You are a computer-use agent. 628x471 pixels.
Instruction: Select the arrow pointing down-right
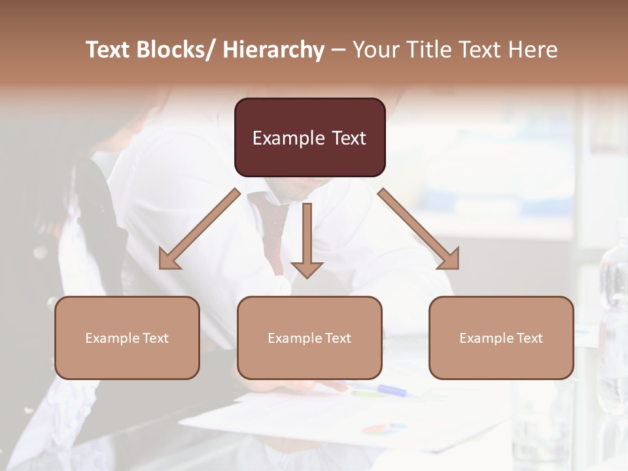pos(419,230)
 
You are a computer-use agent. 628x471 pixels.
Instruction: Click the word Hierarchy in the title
pos(273,50)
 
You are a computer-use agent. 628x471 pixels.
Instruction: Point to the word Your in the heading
pos(375,50)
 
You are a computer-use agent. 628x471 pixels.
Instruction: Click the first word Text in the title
pos(108,50)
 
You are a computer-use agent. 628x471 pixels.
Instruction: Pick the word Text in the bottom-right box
pos(529,338)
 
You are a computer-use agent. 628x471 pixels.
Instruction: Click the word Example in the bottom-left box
pos(109,338)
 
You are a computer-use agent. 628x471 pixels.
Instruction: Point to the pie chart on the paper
pos(385,428)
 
